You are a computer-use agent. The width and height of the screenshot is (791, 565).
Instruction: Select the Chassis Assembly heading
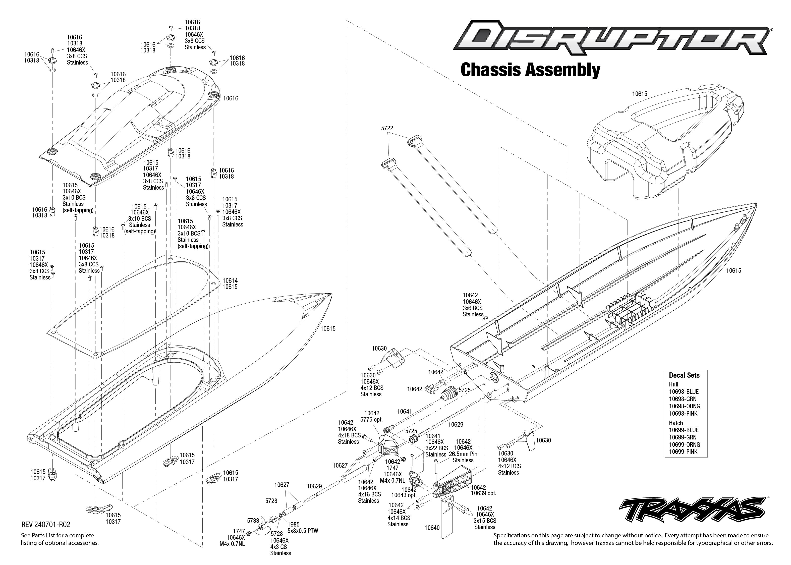tap(530, 70)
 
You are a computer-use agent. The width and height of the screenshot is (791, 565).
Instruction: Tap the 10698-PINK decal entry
tap(683, 414)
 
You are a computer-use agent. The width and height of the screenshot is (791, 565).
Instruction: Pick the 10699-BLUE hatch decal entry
tap(684, 430)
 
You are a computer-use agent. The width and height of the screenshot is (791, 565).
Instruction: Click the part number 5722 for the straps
tap(387, 128)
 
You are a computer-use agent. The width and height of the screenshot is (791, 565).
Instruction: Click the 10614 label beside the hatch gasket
tap(230, 280)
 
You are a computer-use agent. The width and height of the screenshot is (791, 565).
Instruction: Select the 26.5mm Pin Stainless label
tap(463, 457)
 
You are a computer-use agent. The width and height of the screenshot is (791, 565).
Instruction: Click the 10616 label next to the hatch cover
tap(231, 98)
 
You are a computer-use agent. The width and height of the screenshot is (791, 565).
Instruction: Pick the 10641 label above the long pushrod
tap(405, 412)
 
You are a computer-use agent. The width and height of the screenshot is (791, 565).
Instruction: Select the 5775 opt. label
tap(371, 420)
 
